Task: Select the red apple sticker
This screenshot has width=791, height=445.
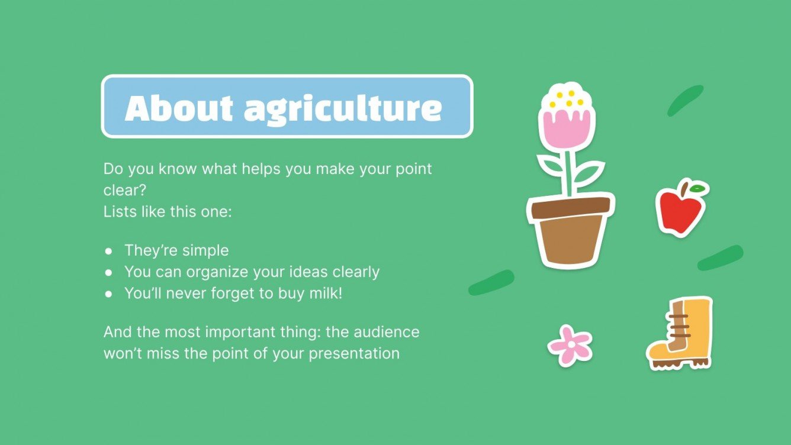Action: pos(680,211)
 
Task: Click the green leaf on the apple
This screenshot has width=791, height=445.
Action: pos(698,189)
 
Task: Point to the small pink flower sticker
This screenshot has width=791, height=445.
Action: pos(570,345)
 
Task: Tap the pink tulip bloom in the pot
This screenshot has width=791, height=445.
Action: pos(567,127)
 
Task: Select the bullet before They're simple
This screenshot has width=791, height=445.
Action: pos(108,251)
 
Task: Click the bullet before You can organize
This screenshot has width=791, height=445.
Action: pos(108,272)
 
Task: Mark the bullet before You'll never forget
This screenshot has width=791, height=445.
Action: pos(108,294)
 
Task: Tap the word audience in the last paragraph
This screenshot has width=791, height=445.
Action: pos(387,331)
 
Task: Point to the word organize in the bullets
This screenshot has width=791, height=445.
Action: pos(214,272)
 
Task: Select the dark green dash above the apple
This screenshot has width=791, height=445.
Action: pos(685,100)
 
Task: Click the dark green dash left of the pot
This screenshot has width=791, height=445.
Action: pos(491,282)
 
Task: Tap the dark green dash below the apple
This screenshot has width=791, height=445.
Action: pos(720,257)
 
